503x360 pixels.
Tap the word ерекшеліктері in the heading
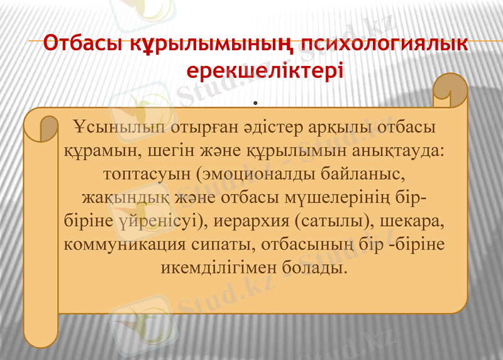265,68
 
